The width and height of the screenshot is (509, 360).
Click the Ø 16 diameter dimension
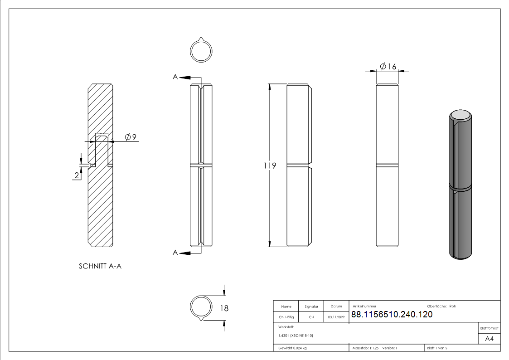pos(388,67)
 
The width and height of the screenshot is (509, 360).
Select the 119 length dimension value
pos(270,166)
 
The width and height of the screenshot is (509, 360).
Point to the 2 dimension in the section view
pos(77,175)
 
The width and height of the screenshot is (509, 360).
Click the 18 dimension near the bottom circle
pos(224,308)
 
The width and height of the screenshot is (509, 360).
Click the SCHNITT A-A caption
pos(100,266)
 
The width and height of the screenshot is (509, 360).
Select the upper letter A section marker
pos(175,78)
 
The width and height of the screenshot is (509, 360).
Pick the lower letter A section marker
pos(175,253)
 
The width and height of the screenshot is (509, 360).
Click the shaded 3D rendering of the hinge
pos(461,185)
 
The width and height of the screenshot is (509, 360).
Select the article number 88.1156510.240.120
pos(392,315)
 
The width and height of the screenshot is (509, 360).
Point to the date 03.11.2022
pos(336,317)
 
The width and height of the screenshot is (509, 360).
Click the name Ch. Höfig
pos(286,317)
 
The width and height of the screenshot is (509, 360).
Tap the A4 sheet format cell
pos(490,338)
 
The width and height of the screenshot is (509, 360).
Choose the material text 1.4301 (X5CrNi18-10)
pos(296,336)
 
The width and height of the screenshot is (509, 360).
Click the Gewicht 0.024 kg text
pos(292,348)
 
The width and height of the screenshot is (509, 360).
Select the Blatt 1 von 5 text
pos(437,348)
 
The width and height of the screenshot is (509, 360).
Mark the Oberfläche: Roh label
pos(441,306)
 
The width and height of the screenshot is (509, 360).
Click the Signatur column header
pos(311,306)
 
